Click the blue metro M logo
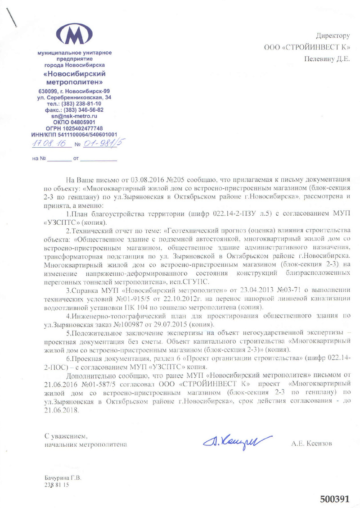74,34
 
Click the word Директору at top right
333,36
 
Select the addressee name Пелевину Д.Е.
327,59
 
